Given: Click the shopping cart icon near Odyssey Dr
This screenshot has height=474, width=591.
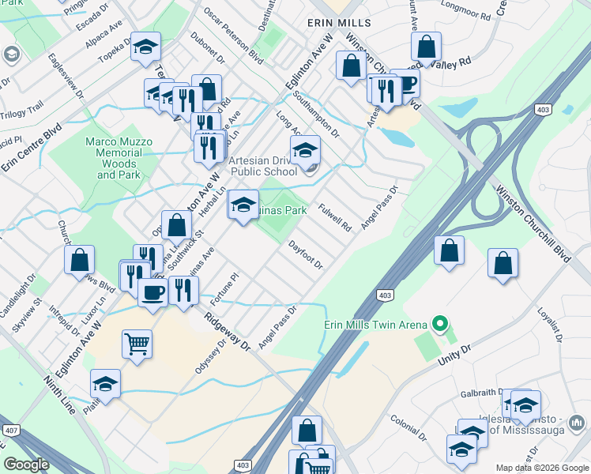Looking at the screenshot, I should click(137, 344).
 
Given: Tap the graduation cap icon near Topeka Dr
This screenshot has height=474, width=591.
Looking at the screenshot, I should click(145, 47).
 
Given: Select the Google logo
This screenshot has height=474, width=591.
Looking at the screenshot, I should click(26, 465).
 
